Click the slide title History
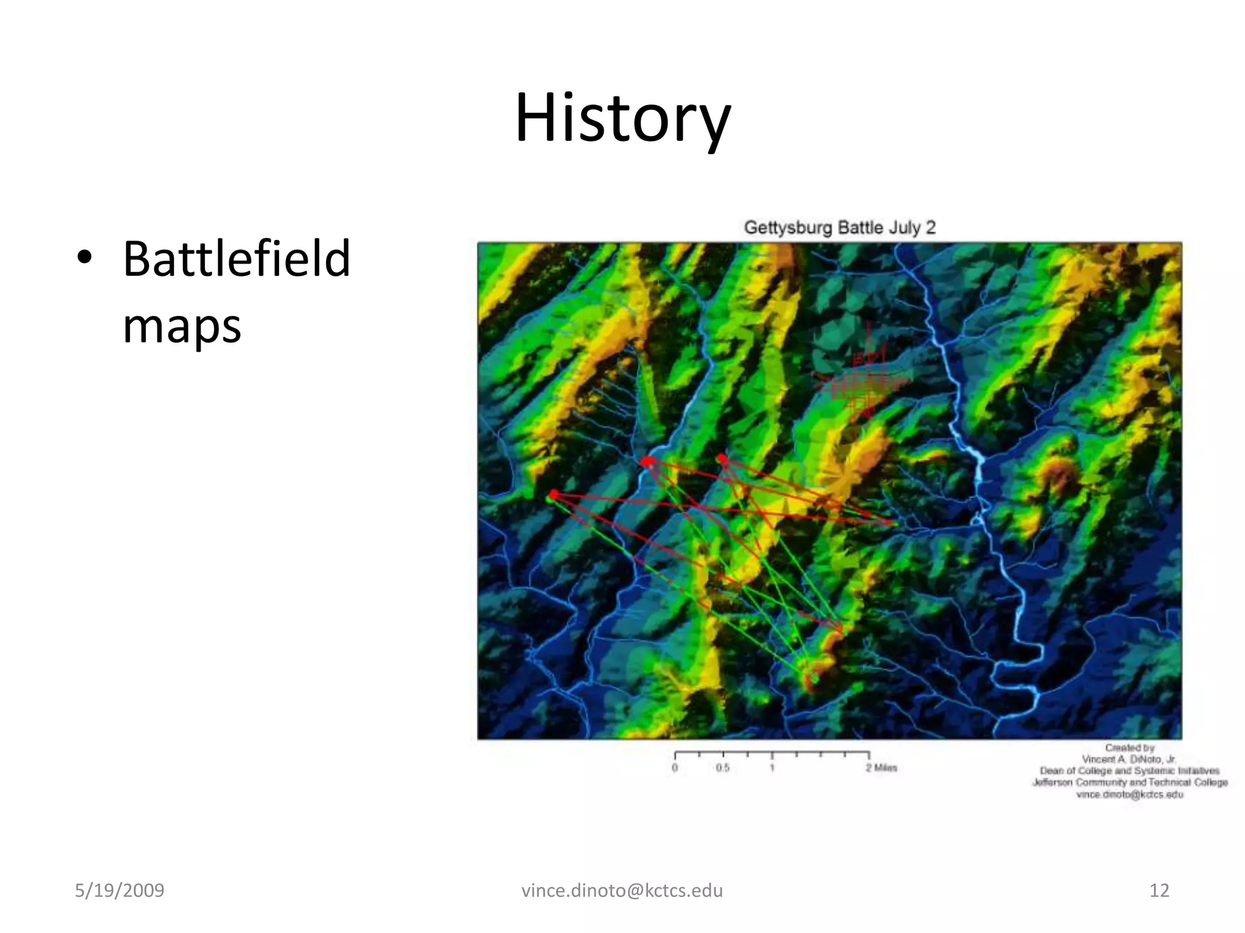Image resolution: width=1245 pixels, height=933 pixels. tap(622, 118)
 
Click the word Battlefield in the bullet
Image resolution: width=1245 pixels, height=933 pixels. tap(236, 259)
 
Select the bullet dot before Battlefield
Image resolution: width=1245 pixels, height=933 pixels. tap(84, 258)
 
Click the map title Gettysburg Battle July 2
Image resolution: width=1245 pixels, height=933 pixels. tap(840, 228)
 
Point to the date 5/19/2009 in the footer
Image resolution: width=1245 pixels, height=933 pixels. tap(119, 890)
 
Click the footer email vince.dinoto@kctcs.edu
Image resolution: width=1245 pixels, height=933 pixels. tap(622, 890)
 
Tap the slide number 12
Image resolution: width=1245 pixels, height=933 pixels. tap(1159, 890)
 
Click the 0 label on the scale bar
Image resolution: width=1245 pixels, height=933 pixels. tap(675, 768)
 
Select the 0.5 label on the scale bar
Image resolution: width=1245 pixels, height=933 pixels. tap(722, 768)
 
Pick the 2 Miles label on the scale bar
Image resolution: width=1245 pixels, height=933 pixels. tap(881, 768)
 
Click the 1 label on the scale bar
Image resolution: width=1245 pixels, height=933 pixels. tap(772, 768)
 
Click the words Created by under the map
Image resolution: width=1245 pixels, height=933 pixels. tap(1129, 748)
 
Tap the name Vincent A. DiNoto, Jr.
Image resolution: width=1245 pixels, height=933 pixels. tap(1129, 759)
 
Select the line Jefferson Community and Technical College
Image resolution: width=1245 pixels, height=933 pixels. tap(1129, 782)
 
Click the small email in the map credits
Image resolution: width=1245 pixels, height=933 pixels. tap(1129, 795)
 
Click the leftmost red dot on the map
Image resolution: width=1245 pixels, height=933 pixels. tap(553, 495)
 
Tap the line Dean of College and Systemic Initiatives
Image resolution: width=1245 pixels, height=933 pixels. tap(1129, 771)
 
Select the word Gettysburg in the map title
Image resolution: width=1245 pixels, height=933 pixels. tap(787, 228)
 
